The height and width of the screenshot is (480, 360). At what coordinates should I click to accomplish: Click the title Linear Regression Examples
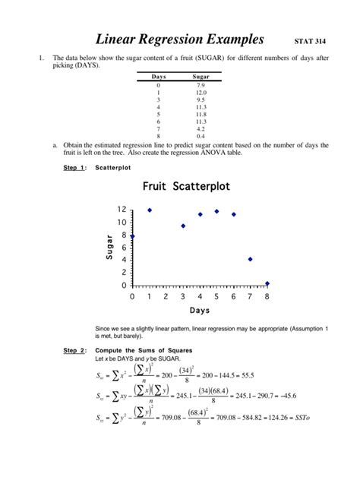coord(179,39)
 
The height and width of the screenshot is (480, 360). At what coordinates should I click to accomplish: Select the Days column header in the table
coord(159,77)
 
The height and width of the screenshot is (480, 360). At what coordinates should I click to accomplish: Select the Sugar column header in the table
coord(201,77)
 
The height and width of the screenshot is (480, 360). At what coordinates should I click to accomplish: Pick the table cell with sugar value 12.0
coord(201,92)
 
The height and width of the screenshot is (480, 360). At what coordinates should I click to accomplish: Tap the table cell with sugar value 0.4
coord(201,135)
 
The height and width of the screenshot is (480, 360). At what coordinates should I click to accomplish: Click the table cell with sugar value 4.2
coord(201,129)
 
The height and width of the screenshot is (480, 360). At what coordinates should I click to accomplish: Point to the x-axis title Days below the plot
coord(200,311)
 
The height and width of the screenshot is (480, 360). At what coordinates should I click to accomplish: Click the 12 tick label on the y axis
coord(122,209)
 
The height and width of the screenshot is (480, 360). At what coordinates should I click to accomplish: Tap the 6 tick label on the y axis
coord(124,248)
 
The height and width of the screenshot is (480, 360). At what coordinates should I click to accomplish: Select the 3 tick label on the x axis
coord(183,297)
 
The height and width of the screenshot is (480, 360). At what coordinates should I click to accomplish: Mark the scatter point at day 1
coord(150,210)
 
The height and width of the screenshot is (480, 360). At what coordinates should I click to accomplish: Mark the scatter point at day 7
coord(251,259)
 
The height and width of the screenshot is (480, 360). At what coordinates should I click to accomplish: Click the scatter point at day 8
coord(267,283)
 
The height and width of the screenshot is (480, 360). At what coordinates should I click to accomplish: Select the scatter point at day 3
coord(183,226)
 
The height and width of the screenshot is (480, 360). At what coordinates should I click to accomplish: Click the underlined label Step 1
coord(74,167)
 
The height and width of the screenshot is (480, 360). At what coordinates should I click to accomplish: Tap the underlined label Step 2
coord(74,349)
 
